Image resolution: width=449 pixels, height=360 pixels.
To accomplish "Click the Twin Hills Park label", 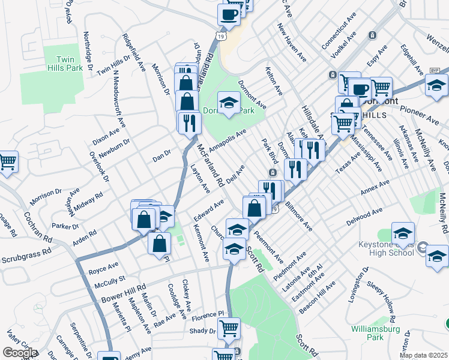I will pos(69,64).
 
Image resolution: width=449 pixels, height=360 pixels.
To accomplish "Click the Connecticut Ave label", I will pos(334,28).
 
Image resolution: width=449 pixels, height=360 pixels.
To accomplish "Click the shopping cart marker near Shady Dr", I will pos(228,328).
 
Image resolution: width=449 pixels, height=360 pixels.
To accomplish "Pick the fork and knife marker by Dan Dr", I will pos(189,122).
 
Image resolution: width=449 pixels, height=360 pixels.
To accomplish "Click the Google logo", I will pos(19,353).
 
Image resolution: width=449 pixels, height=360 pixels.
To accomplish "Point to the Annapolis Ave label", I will pos(228,140).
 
